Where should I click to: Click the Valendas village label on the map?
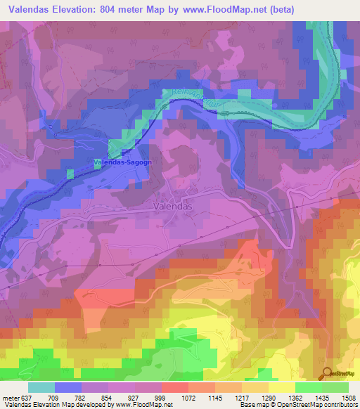(172, 207)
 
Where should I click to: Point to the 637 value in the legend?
(27, 397)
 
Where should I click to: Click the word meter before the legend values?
(11, 397)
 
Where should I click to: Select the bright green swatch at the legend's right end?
(335, 387)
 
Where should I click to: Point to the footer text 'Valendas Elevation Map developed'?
(42, 405)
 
